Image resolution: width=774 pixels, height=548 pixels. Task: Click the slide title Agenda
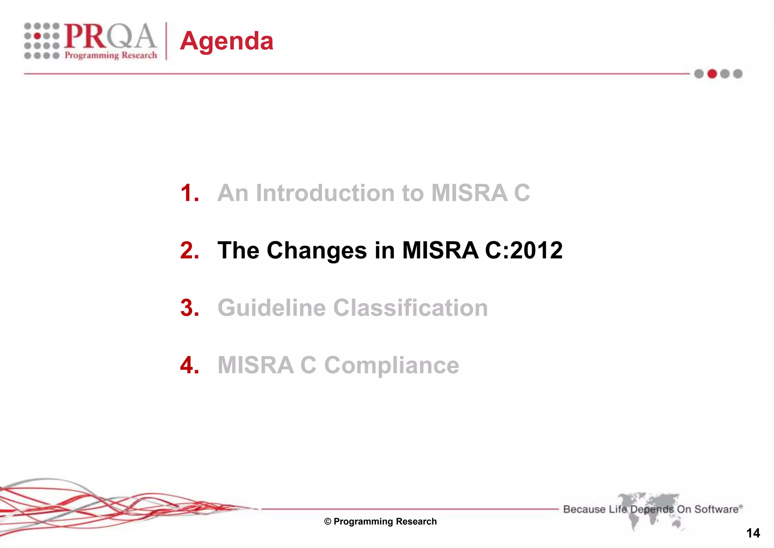pyautogui.click(x=226, y=41)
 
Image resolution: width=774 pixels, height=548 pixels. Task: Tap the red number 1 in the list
pyautogui.click(x=189, y=193)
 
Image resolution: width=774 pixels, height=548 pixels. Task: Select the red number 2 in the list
pyautogui.click(x=189, y=250)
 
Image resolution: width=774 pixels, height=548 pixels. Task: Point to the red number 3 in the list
pyautogui.click(x=189, y=308)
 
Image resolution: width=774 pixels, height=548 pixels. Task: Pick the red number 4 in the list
pyautogui.click(x=189, y=365)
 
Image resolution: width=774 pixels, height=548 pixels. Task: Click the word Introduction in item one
pyautogui.click(x=325, y=193)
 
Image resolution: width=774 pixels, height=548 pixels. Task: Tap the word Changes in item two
pyautogui.click(x=317, y=250)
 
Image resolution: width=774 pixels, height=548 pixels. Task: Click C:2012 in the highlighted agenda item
pyautogui.click(x=523, y=250)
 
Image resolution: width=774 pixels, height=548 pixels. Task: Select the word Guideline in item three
pyautogui.click(x=271, y=308)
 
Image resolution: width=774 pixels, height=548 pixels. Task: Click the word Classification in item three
pyautogui.click(x=410, y=308)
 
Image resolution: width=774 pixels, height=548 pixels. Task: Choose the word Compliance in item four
pyautogui.click(x=392, y=365)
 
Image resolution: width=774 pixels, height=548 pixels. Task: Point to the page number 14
pyautogui.click(x=753, y=533)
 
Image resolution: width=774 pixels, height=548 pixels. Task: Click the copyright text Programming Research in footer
pyautogui.click(x=381, y=522)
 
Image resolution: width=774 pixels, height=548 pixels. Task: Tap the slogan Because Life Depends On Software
pyautogui.click(x=652, y=509)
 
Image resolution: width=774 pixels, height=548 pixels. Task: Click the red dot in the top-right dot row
pyautogui.click(x=712, y=74)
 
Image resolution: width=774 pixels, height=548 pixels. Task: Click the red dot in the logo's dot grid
pyautogui.click(x=38, y=36)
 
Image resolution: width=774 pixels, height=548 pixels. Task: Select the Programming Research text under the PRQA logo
pyautogui.click(x=111, y=55)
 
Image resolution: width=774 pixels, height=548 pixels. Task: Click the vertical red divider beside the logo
pyautogui.click(x=166, y=41)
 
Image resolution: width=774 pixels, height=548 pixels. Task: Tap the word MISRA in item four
pyautogui.click(x=255, y=365)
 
